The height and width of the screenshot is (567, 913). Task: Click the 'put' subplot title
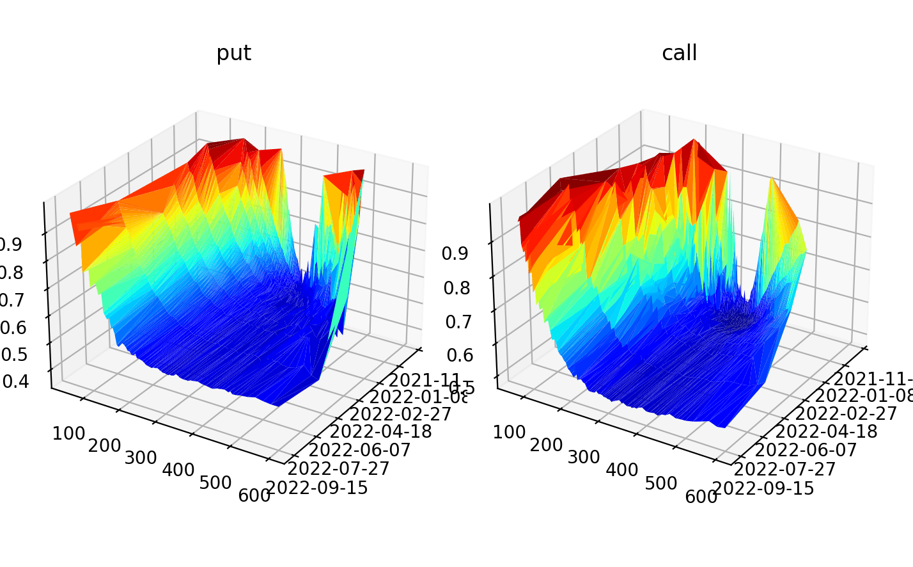(233, 53)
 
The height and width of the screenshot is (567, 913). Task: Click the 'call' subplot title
(679, 53)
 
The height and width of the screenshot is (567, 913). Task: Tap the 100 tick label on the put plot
(69, 433)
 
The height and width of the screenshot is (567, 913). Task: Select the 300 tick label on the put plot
(141, 458)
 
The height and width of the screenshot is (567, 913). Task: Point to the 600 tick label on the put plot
(254, 495)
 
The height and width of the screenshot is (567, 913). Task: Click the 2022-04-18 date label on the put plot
(380, 431)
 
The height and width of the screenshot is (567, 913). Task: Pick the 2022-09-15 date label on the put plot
(317, 488)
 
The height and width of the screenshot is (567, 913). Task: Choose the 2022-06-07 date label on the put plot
(359, 450)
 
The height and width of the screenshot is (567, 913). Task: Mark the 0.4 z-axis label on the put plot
(15, 381)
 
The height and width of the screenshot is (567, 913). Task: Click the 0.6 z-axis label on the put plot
(13, 328)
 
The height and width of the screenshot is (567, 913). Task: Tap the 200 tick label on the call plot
(546, 445)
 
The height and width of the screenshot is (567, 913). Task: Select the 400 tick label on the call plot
(621, 470)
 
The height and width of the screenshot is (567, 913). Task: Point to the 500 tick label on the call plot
(660, 483)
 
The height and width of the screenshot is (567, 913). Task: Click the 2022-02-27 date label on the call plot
(846, 413)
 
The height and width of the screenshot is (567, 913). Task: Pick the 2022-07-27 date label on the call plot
(784, 469)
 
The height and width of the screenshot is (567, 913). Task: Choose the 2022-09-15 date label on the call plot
(763, 489)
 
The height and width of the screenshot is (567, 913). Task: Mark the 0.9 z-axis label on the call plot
(455, 253)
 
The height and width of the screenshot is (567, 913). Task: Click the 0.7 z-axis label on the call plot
(458, 321)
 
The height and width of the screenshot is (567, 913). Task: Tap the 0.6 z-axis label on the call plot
(460, 355)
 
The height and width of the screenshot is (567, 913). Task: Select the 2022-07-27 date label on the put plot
(339, 468)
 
